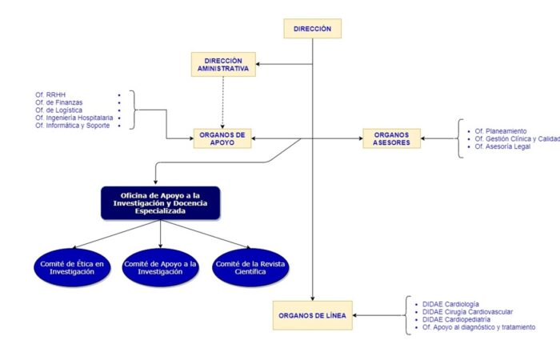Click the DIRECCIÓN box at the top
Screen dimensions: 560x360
click(313, 29)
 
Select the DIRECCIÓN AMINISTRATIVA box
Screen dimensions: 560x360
click(223, 64)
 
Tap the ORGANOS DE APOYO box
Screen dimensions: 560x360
click(222, 138)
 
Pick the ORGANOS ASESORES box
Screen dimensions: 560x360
click(391, 138)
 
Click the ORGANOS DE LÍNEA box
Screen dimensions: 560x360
click(313, 315)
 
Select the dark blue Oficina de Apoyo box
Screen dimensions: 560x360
click(160, 203)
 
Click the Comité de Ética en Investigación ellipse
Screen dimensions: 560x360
click(72, 267)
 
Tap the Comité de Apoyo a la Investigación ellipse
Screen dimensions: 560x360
click(160, 267)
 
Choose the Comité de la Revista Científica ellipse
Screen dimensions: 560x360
click(250, 267)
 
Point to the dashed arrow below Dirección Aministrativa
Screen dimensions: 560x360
click(222, 102)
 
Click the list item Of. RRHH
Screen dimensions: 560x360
click(50, 94)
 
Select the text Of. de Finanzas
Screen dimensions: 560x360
click(59, 102)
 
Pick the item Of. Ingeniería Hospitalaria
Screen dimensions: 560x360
click(74, 118)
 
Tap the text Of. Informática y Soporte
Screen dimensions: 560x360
click(73, 126)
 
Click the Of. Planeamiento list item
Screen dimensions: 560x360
click(501, 131)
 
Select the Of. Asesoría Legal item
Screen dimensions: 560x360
click(502, 146)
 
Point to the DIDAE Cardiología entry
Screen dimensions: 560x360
click(450, 304)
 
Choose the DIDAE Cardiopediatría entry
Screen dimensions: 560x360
click(457, 320)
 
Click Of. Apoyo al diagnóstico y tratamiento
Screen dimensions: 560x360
click(479, 327)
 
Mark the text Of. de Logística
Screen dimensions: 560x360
click(58, 110)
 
